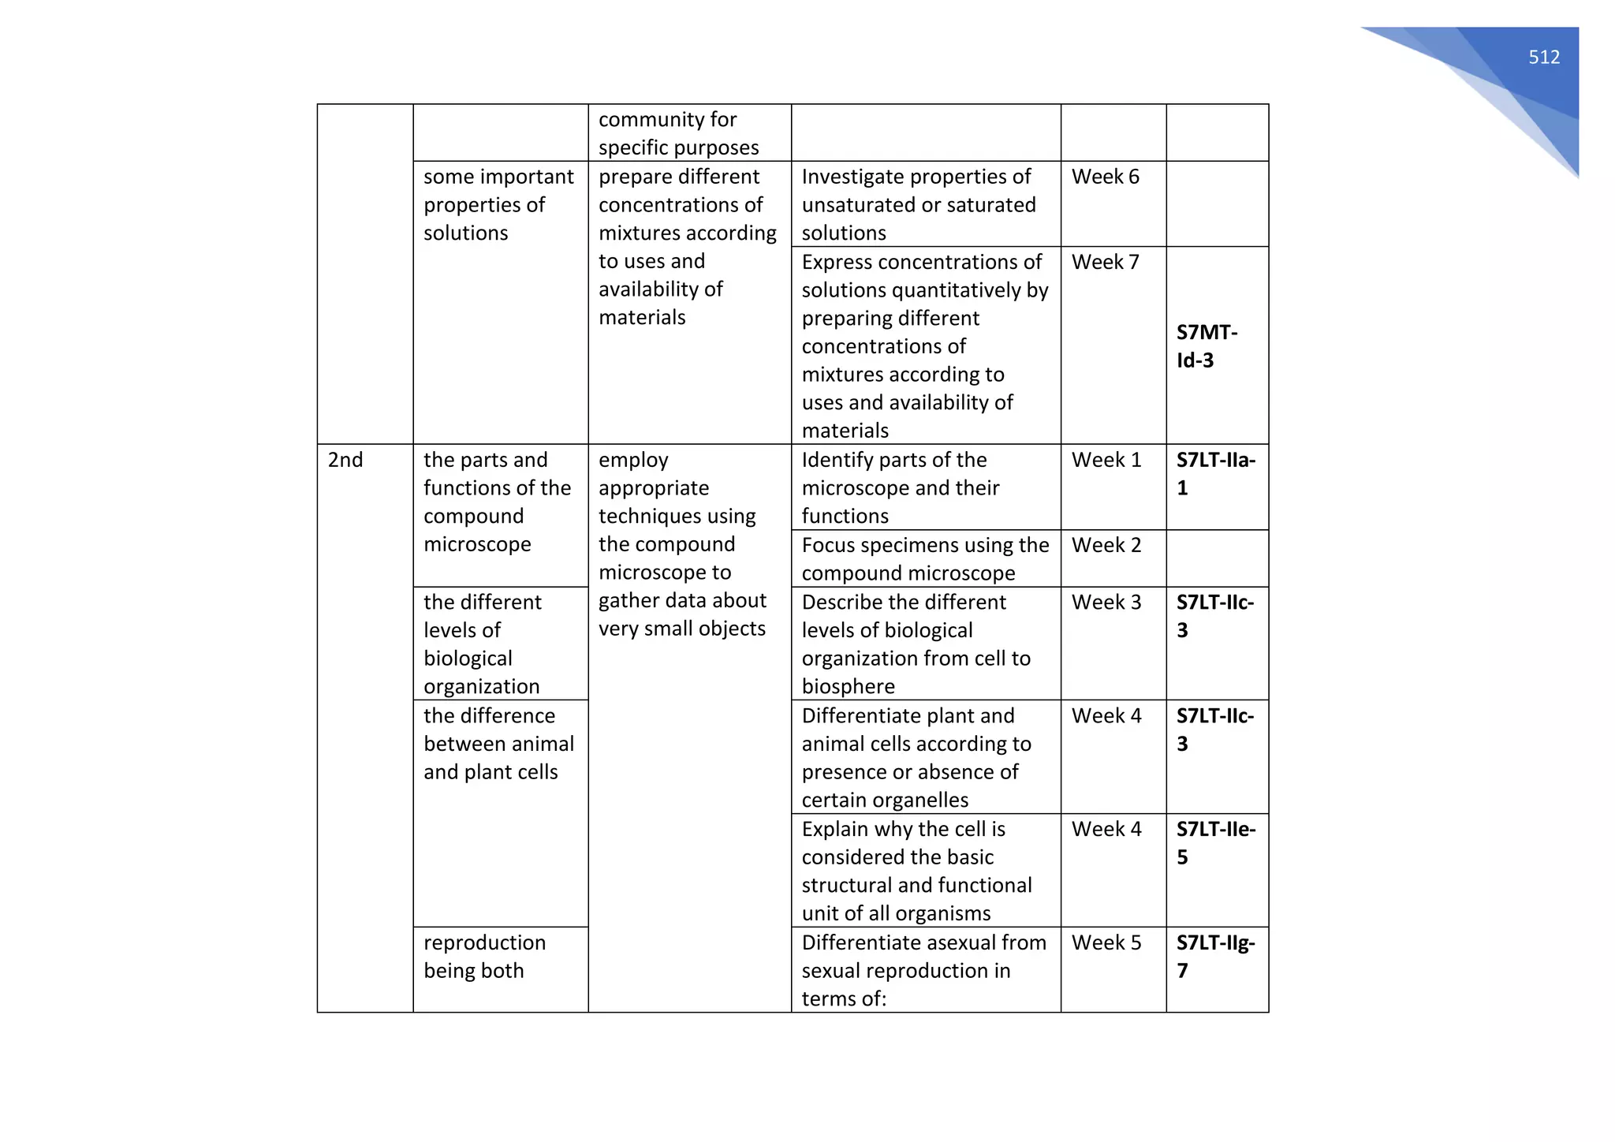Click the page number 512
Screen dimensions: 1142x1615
pos(1543,57)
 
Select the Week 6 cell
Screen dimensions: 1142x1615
pos(1105,177)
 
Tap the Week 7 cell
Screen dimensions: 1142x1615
pos(1105,262)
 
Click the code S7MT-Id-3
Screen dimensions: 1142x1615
pos(1206,346)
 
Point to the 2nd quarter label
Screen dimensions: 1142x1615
pos(345,460)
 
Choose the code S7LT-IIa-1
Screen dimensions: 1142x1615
pos(1215,473)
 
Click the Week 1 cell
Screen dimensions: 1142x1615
pos(1106,460)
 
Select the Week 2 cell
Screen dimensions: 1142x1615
pos(1106,545)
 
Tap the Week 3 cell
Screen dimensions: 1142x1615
pos(1106,602)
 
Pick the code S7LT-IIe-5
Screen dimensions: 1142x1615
pos(1215,842)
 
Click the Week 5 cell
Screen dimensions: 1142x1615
pos(1106,942)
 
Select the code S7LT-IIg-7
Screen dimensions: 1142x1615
pos(1215,956)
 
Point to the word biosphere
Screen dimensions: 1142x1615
pos(848,686)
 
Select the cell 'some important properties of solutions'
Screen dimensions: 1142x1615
pos(498,205)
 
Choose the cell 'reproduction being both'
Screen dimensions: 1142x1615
pos(484,957)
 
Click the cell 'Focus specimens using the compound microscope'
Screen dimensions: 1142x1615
pos(925,558)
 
